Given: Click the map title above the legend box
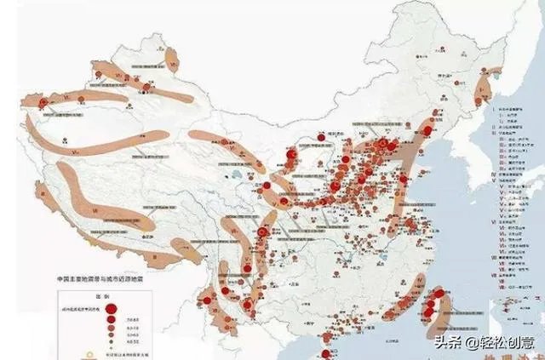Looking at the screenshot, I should tap(112, 279).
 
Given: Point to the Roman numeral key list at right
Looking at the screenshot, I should tap(511, 187).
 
